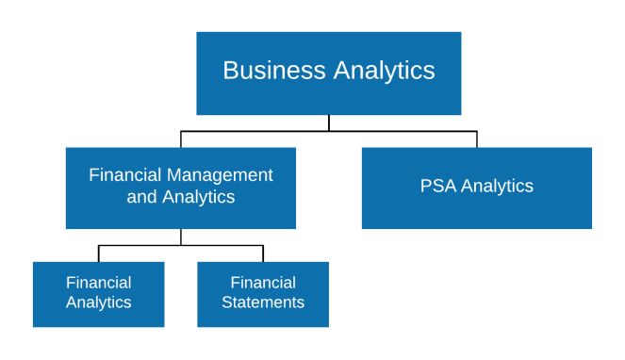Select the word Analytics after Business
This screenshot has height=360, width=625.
pyautogui.click(x=385, y=71)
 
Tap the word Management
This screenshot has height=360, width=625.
pyautogui.click(x=220, y=175)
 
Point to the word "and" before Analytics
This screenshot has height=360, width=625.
pyautogui.click(x=142, y=197)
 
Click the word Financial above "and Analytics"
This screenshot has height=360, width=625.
pyautogui.click(x=125, y=175)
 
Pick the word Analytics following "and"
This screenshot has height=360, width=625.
pyautogui.click(x=198, y=197)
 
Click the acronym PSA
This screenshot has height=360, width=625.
pyautogui.click(x=438, y=186)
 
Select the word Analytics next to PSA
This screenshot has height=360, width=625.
pyautogui.click(x=497, y=186)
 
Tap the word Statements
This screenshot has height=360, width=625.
pyautogui.click(x=263, y=303)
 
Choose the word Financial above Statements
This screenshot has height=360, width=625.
pyautogui.click(x=263, y=283)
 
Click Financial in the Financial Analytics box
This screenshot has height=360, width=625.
pyautogui.click(x=98, y=283)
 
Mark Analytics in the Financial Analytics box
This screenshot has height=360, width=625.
pyautogui.click(x=98, y=303)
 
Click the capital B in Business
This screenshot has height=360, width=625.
pyautogui.click(x=229, y=71)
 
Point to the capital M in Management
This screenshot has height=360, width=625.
pyautogui.click(x=174, y=175)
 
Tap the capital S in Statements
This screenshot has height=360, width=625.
pyautogui.click(x=226, y=303)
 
